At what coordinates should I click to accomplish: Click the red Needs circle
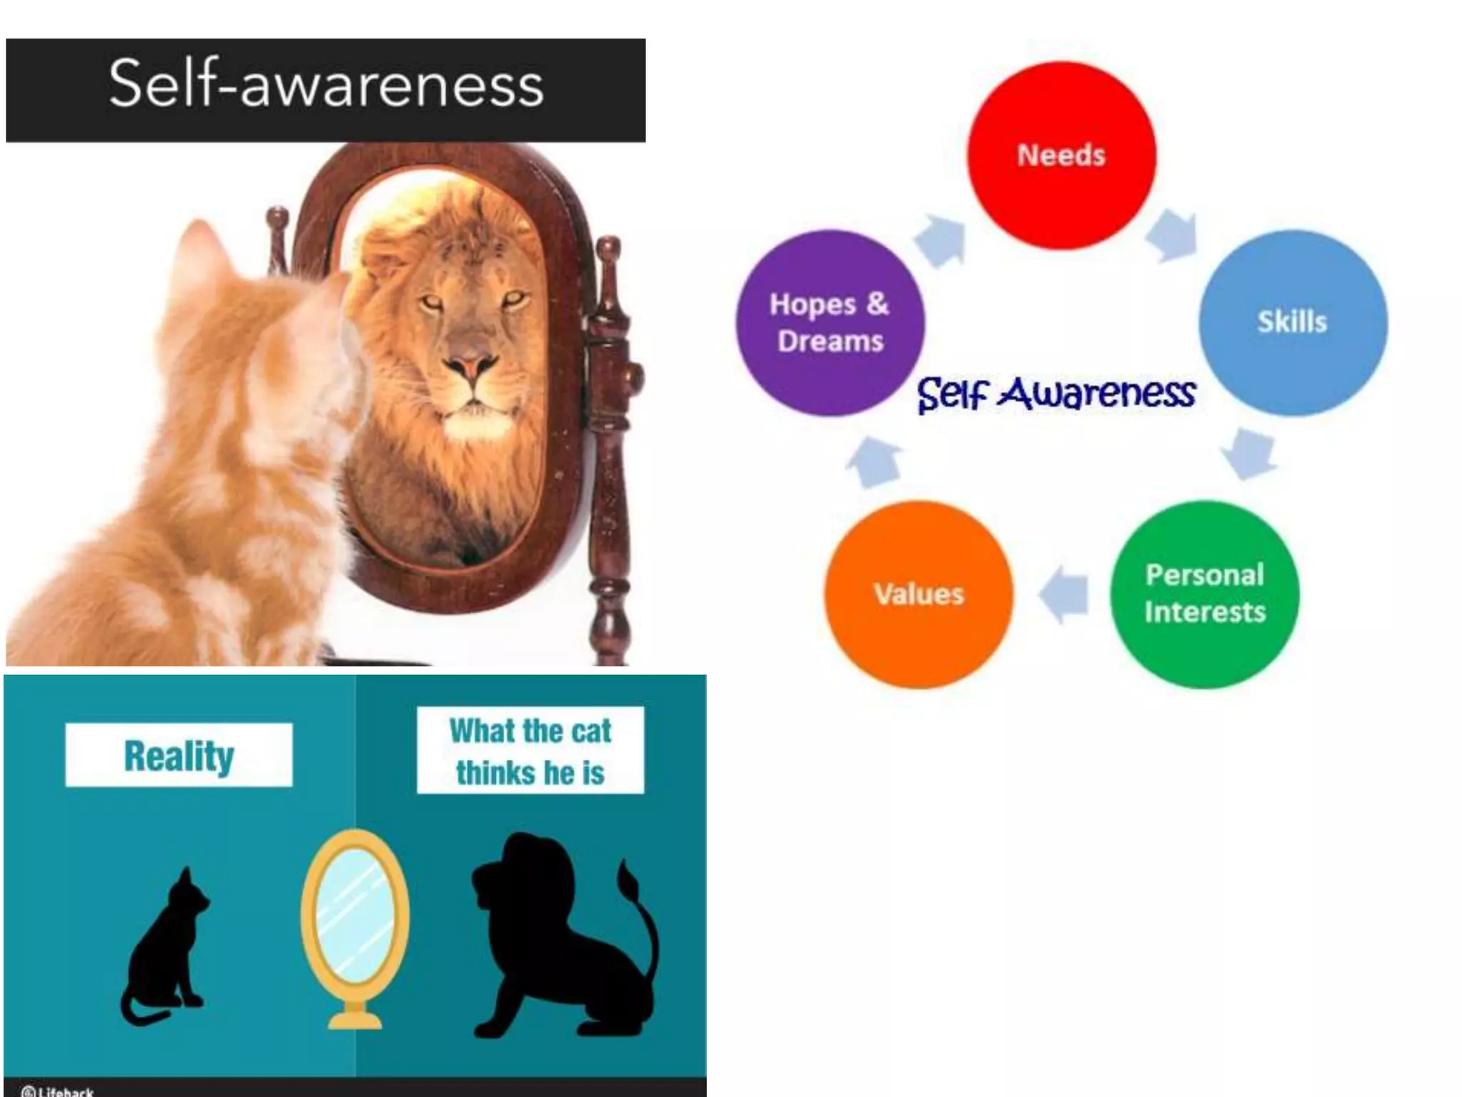pos(1061,156)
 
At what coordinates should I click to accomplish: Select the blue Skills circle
pos(1293,322)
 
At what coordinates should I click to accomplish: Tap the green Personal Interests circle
pos(1204,594)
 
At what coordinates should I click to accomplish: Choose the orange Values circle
pos(919,594)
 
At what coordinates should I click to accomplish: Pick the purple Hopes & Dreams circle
pos(830,323)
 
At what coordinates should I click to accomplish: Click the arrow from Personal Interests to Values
pos(1064,594)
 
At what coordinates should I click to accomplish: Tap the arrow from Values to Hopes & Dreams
pos(874,464)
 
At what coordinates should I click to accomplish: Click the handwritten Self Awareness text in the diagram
pos(1057,394)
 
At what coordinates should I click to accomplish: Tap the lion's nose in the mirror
pos(468,366)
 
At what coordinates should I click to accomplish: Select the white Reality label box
pos(179,756)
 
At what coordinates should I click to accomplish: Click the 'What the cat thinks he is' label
pos(530,751)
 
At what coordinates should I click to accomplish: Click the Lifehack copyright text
pos(59,1091)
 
